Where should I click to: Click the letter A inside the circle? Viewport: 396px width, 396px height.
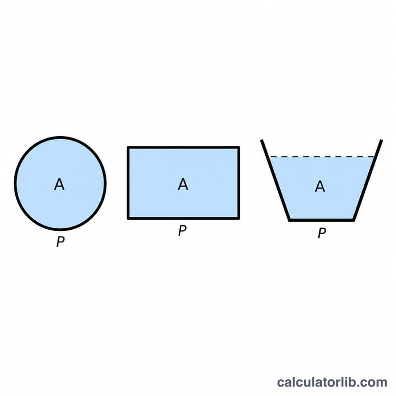coord(59,184)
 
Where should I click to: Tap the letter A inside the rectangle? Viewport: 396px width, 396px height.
coord(183,184)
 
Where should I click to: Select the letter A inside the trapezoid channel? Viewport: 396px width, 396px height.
coord(320,187)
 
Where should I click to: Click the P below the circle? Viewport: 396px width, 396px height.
coord(60,242)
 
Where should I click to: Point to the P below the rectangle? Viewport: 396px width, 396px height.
coord(182,230)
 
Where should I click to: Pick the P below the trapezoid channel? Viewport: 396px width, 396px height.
coord(322,233)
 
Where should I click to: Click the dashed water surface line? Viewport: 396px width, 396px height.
coord(322,157)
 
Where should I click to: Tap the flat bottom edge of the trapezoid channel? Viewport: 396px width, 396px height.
coord(321,220)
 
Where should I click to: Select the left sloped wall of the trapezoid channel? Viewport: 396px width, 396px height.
coord(276,180)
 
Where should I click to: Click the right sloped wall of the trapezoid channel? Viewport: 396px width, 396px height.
coord(368,180)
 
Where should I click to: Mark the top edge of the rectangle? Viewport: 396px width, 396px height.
coord(183,148)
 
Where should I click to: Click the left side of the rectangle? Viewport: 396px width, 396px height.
coord(128,183)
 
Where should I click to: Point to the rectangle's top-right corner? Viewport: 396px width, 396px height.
coord(239,147)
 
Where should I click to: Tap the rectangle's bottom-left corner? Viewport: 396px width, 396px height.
coord(128,218)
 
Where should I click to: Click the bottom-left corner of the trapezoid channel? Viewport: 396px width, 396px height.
coord(290,220)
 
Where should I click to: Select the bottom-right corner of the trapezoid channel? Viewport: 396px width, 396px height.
coord(353,220)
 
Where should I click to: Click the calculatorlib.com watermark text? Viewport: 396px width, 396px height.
coord(332,382)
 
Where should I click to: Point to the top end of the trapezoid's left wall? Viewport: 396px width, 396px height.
coord(262,140)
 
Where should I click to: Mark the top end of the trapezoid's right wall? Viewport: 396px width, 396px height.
coord(382,140)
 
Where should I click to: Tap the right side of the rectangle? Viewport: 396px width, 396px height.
coord(239,183)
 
